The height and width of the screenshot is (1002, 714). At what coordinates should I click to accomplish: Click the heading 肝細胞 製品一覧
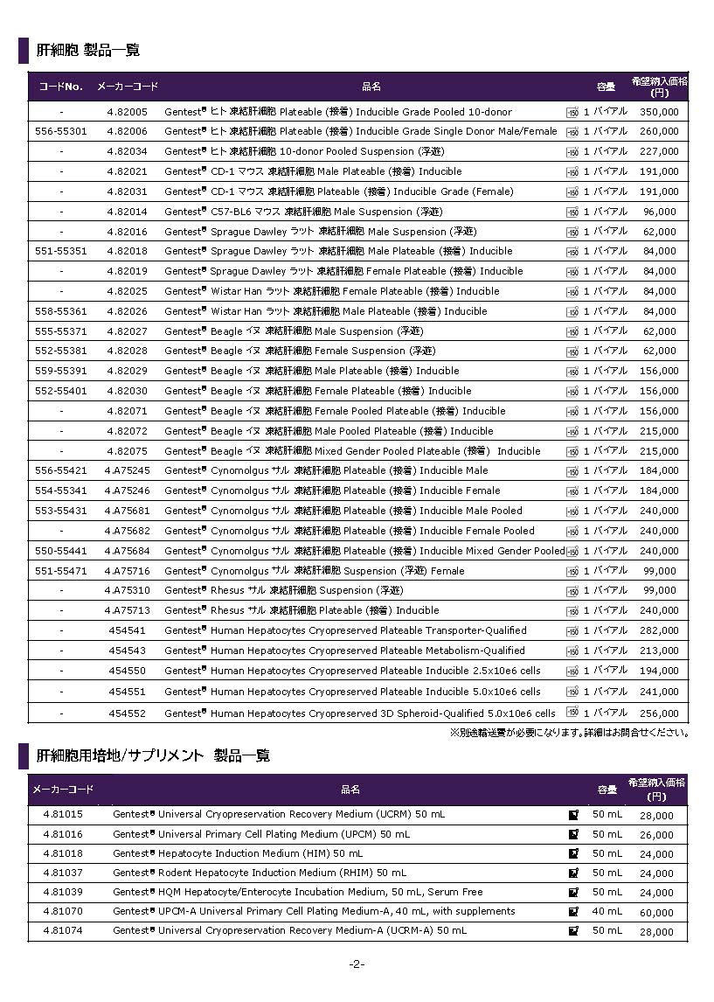[x=88, y=50]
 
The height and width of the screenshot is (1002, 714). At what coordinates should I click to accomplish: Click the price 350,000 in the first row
[x=658, y=112]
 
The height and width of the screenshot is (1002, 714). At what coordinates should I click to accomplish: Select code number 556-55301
[x=61, y=131]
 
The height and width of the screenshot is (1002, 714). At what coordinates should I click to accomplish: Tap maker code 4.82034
[x=127, y=151]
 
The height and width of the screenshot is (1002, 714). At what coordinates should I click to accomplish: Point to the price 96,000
[x=661, y=212]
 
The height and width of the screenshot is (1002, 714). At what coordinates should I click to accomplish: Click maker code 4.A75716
[x=127, y=571]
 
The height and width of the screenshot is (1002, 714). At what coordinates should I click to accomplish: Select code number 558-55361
[x=61, y=311]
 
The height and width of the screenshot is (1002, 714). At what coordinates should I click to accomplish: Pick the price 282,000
[x=658, y=630]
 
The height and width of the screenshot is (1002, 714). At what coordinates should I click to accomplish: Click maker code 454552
[x=127, y=713]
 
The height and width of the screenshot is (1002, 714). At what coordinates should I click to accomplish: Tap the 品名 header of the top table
[x=371, y=87]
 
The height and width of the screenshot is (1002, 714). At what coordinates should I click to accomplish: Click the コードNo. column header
[x=61, y=87]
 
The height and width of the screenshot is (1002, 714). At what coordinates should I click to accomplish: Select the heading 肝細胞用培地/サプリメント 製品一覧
[x=153, y=755]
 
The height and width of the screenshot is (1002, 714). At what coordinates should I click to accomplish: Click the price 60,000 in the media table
[x=657, y=912]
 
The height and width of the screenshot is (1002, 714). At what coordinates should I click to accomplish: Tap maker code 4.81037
[x=63, y=873]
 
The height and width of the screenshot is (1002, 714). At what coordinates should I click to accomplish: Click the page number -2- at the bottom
[x=357, y=964]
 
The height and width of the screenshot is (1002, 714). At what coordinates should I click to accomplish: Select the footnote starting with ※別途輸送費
[x=569, y=733]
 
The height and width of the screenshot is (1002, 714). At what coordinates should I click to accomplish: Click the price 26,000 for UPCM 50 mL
[x=657, y=835]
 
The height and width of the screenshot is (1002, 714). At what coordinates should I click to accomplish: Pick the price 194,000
[x=658, y=671]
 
